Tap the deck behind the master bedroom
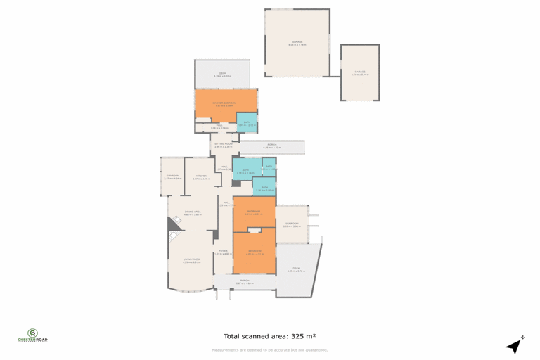coord(222,74)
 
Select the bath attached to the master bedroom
coord(246,122)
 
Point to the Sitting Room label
coord(223,144)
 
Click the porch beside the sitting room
coord(271,146)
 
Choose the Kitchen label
coord(200,176)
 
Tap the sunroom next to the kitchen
coord(172,176)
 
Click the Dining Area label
coord(193,212)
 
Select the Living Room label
coord(191,261)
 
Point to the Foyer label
coord(222,252)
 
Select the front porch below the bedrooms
coord(245,282)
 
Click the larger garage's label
coord(296,43)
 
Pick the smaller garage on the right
coord(359,72)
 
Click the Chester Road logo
coord(32,337)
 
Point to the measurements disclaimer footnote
coord(269,349)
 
